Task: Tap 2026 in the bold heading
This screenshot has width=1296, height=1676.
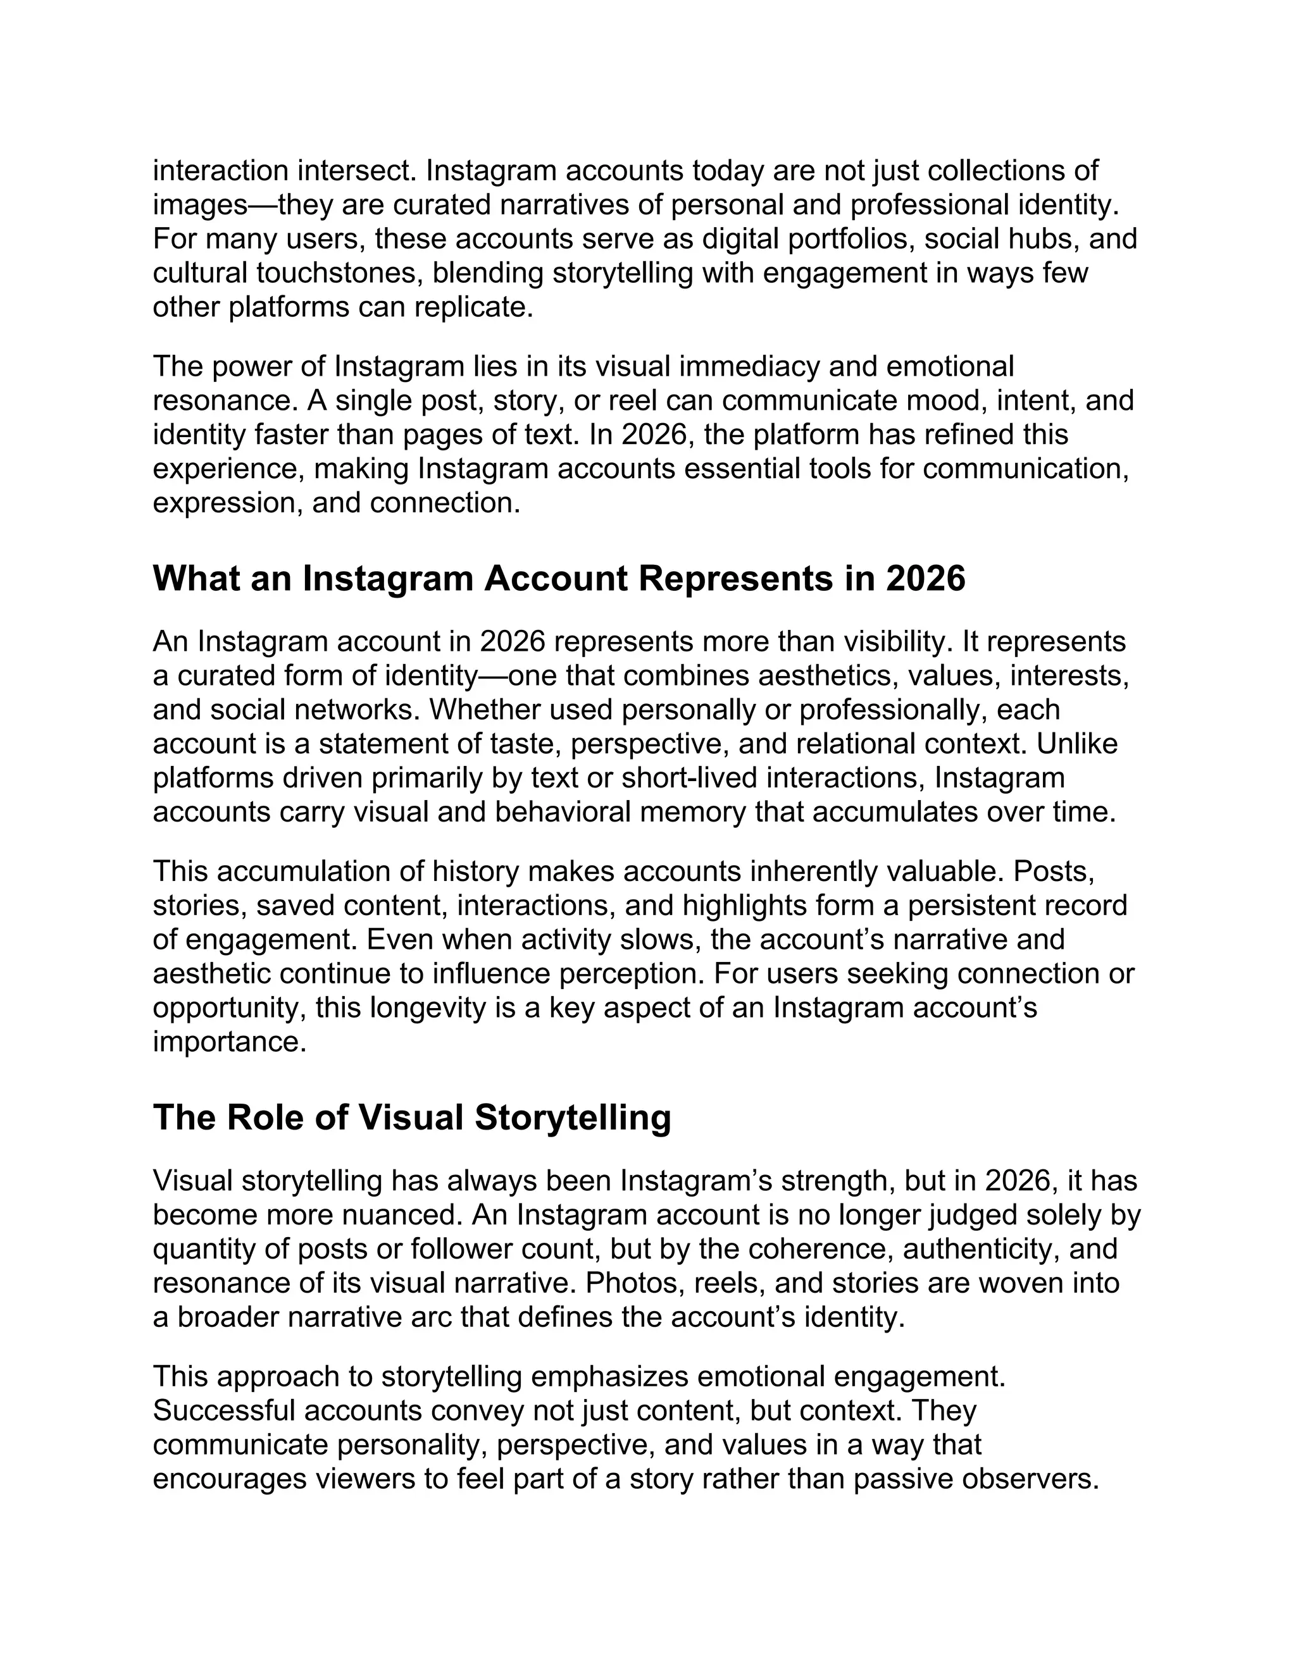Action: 925,579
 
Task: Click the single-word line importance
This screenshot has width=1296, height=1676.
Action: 229,1042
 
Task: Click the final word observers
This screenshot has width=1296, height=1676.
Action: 1030,1479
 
